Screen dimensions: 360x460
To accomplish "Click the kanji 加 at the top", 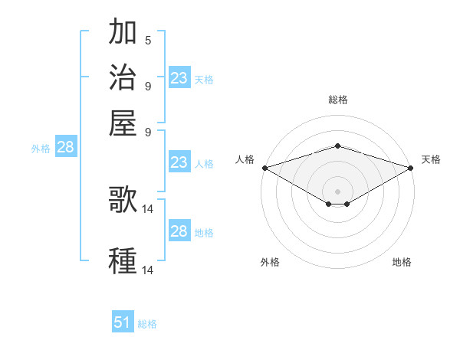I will pos(123,33).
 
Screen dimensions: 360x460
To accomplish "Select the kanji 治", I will pos(123,77).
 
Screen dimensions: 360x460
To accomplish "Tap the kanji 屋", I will pos(123,122).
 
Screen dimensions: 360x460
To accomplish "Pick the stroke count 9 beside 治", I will pos(148,85).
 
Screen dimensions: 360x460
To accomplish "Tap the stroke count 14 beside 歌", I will pos(149,208).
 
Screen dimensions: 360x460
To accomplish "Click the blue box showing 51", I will pos(123,322).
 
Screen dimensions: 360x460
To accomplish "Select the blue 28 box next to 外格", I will pos(65,148).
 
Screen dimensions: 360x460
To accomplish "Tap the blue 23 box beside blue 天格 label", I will pos(179,78).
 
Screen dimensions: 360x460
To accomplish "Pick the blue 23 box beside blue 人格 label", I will pos(179,162).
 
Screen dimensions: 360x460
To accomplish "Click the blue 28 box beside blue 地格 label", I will pos(179,231).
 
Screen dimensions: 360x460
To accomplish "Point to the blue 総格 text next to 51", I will pos(147,324).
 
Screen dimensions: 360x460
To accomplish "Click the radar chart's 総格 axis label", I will pos(337,100).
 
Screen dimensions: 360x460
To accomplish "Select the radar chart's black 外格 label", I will pos(270,262).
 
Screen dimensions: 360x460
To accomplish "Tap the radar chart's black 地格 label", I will pos(402,262).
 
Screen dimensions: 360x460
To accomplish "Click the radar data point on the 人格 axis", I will pos(264,168).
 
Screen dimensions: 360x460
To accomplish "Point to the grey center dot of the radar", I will pos(337,191).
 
